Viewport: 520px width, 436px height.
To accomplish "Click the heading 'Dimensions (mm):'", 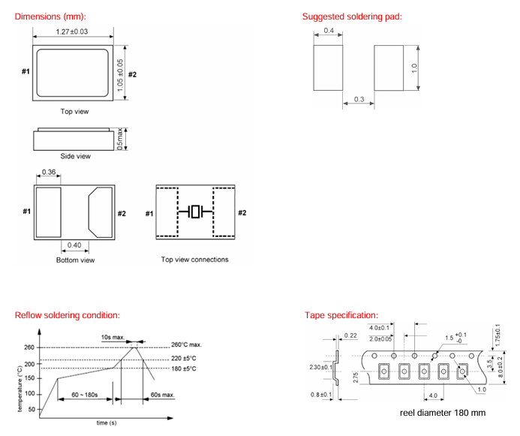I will [x=51, y=17].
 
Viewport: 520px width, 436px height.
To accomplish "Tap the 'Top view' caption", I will [x=75, y=111].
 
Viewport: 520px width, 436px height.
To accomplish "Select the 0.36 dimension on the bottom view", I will [x=48, y=172].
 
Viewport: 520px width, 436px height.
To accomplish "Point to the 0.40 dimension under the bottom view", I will [x=75, y=245].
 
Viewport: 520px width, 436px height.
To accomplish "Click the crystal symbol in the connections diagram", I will [x=195, y=212].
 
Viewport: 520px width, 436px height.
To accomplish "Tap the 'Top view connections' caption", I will [x=194, y=260].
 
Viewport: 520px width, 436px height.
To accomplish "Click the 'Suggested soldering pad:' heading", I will [x=352, y=17].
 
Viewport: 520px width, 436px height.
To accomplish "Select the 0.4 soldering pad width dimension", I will [x=329, y=31].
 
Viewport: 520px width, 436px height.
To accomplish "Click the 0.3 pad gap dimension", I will [x=359, y=99].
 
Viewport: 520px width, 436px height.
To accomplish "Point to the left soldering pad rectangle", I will [x=327, y=67].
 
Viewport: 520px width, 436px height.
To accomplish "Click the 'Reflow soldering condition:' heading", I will [x=68, y=315].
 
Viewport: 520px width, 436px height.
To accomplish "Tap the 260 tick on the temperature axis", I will [x=29, y=347].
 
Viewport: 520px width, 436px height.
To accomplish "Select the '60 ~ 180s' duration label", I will [x=85, y=394].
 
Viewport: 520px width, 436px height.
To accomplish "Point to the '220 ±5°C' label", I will [x=182, y=358].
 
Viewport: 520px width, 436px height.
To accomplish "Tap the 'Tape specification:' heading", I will [x=341, y=315].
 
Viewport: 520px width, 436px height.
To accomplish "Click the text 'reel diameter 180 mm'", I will [x=443, y=413].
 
